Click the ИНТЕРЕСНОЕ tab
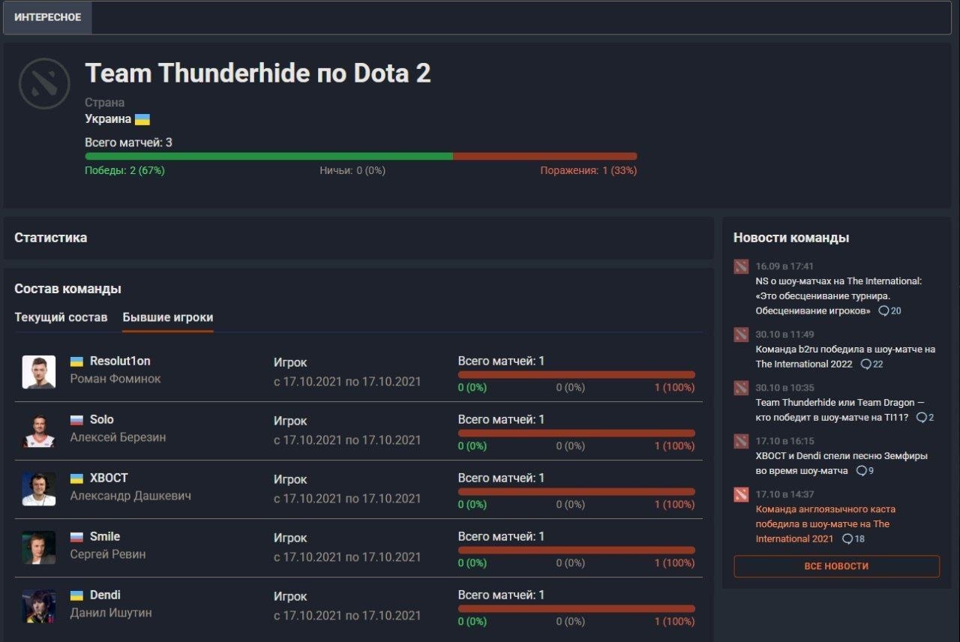[x=47, y=17]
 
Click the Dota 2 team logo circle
[x=44, y=83]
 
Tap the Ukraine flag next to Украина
[x=142, y=119]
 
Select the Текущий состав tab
[x=61, y=317]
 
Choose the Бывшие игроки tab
[x=167, y=317]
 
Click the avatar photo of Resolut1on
[x=39, y=371]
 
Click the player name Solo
[x=101, y=419]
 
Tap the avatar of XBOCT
[x=39, y=489]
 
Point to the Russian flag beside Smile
[x=76, y=536]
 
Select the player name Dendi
[x=105, y=595]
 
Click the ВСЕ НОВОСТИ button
[x=836, y=566]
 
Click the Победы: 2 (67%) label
[x=124, y=170]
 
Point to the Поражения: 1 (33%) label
[x=589, y=170]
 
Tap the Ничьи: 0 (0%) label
[x=352, y=170]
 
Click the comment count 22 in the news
[x=872, y=364]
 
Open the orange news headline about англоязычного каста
[x=826, y=523]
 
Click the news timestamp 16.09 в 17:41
[x=784, y=266]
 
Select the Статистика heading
[x=50, y=238]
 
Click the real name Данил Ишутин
[x=111, y=613]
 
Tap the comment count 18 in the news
[x=853, y=538]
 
